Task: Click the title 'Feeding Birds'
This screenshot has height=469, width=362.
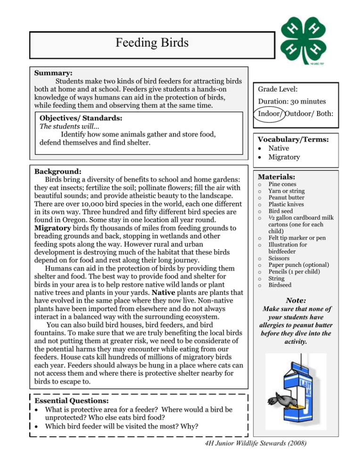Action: tap(153, 44)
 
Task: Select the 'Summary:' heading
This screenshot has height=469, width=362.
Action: tap(53, 74)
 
